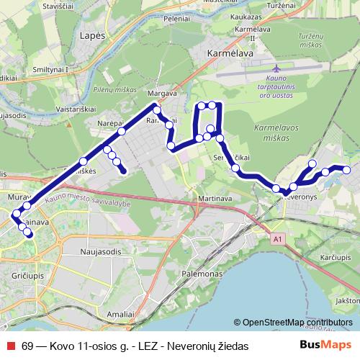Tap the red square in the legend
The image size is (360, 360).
click(x=10, y=346)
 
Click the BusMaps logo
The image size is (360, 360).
click(x=325, y=345)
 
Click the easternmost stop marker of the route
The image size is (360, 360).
click(x=346, y=170)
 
